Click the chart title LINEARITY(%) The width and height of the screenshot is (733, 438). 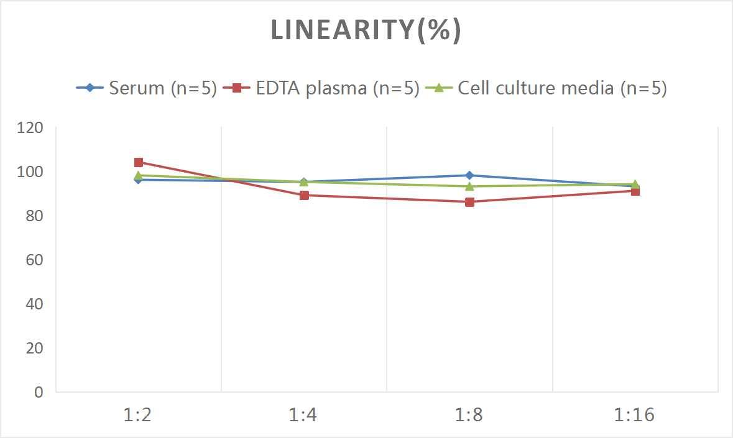coord(366,30)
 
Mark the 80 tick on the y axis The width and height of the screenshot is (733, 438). coord(35,216)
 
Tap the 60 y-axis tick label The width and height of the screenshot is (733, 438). coord(35,260)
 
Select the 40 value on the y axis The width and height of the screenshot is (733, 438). coord(35,304)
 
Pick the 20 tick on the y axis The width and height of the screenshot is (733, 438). coord(35,348)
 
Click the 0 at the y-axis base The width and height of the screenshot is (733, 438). coord(39,392)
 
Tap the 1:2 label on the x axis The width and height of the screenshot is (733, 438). coord(138,415)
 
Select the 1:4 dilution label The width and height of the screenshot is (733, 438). coord(303,415)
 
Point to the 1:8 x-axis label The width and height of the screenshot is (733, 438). coord(469,415)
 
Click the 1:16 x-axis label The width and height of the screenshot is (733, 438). coord(635,415)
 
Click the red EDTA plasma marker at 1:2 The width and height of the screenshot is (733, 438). coord(139,163)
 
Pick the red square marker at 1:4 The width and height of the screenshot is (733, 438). coord(304,195)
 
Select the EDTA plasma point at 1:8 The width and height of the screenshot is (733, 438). coord(469,202)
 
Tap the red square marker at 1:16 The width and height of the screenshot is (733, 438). coord(635,191)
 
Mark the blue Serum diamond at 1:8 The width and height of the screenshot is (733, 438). coord(469,175)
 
